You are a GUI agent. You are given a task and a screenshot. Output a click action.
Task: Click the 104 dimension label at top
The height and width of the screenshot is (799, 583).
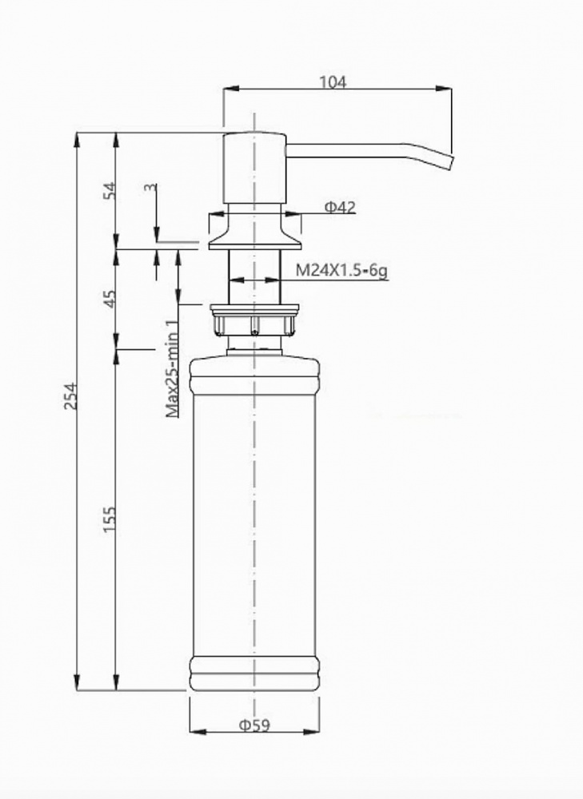coord(333,81)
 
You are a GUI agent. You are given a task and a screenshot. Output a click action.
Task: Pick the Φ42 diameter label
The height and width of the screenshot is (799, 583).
coord(340,208)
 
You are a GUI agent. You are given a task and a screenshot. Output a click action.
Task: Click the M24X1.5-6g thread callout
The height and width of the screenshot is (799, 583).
coord(341,272)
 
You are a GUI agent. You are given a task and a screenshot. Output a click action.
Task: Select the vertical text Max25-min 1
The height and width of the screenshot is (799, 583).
coord(171,368)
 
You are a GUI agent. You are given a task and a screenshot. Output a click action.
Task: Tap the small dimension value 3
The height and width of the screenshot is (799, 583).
coord(149,188)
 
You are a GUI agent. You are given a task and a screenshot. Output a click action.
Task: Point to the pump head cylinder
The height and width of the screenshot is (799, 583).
coord(254,168)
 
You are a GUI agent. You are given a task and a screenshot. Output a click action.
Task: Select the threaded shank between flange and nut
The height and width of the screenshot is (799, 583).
coord(254,276)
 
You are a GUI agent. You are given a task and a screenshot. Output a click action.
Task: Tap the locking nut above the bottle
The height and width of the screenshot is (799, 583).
coord(254,320)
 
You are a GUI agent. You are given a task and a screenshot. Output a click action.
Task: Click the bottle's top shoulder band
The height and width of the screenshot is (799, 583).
coord(254,376)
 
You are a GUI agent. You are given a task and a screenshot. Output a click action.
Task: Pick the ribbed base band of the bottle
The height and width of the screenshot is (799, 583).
coord(254,673)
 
